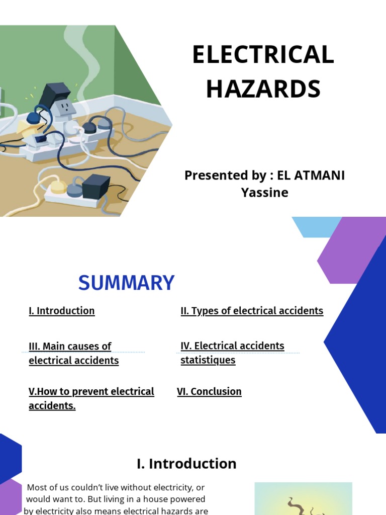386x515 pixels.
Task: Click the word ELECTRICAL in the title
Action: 263,55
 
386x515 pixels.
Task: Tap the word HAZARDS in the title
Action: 263,89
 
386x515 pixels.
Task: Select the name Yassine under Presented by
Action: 264,192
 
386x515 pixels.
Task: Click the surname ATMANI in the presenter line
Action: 319,176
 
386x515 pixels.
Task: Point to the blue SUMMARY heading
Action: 126,283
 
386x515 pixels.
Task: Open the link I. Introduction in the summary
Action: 62,311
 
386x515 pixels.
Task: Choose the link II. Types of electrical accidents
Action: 252,311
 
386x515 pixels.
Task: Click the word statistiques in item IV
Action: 208,361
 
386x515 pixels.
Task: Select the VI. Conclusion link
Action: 209,391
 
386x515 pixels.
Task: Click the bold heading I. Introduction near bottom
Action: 186,463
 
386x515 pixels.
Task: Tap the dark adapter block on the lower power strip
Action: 95,186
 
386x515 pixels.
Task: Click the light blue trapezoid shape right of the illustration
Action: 316,227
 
